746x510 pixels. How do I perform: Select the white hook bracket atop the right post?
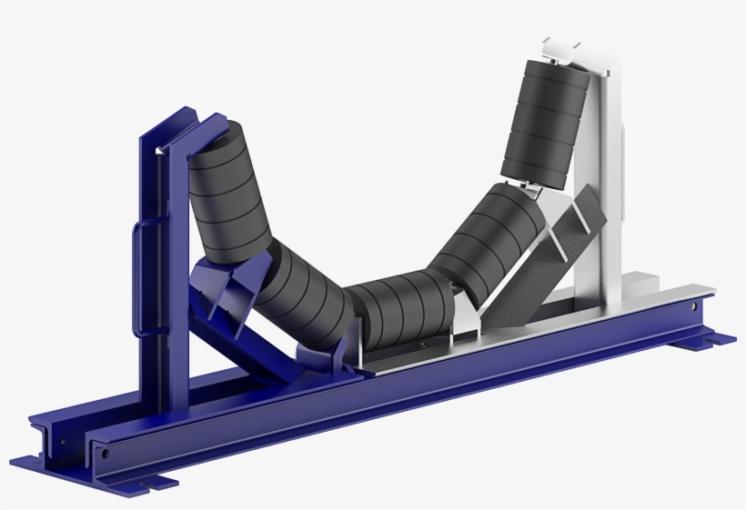click(569, 50)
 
